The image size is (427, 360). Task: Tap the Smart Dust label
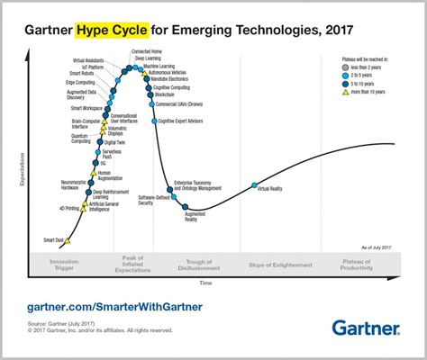(52, 239)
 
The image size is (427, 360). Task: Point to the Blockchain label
(164, 94)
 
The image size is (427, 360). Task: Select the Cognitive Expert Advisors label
(180, 120)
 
